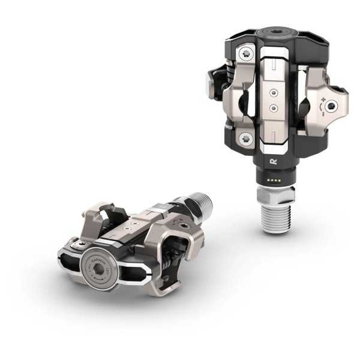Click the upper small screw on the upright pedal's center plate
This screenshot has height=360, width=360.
click(274, 93)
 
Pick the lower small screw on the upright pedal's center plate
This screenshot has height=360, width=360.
click(274, 108)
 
